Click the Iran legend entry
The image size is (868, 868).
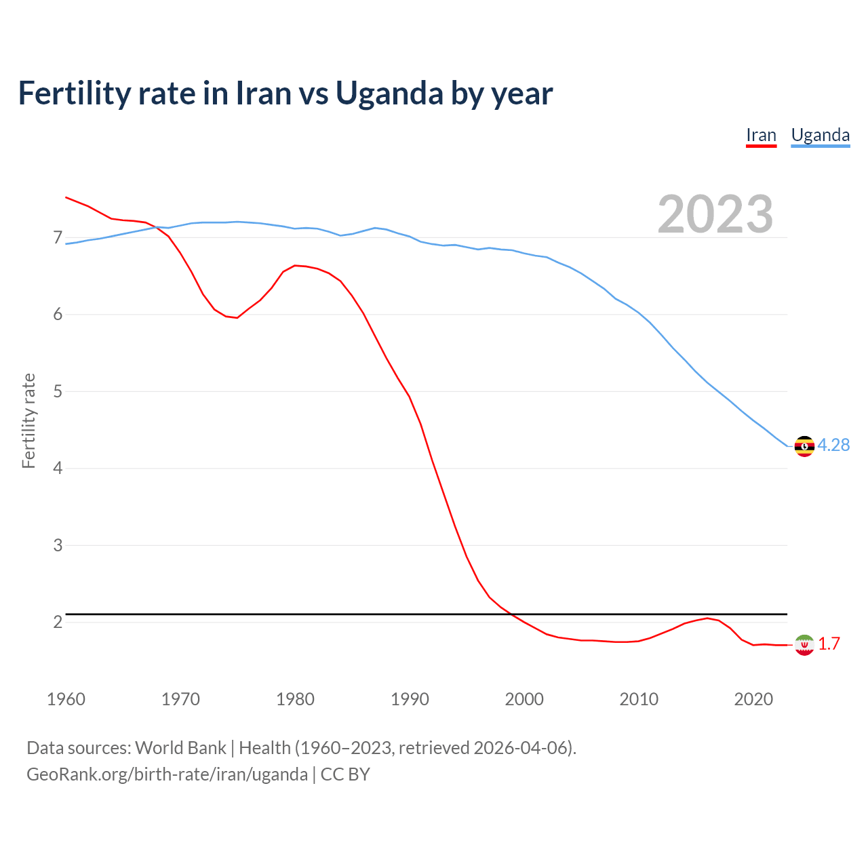click(x=761, y=135)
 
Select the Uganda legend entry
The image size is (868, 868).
click(x=821, y=135)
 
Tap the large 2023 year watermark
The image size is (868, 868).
click(x=715, y=214)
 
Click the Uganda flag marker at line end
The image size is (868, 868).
click(x=804, y=446)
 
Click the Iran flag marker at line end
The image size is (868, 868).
click(x=804, y=645)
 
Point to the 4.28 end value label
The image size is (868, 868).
click(x=833, y=446)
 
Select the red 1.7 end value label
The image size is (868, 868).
click(x=829, y=644)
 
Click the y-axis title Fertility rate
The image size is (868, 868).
click(x=28, y=420)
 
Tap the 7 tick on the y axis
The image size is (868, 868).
click(x=58, y=238)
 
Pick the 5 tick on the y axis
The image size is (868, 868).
click(x=58, y=392)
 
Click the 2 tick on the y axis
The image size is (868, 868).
click(x=58, y=622)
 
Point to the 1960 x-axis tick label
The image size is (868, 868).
click(x=66, y=699)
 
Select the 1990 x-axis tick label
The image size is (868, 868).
click(x=410, y=699)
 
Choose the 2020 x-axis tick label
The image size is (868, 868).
click(x=753, y=699)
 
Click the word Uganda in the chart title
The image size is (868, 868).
click(x=389, y=94)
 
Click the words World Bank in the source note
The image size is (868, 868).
click(x=180, y=748)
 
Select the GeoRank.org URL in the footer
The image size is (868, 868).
click(x=167, y=774)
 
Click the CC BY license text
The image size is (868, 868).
click(x=345, y=774)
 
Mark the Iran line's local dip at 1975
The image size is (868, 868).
click(x=237, y=317)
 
